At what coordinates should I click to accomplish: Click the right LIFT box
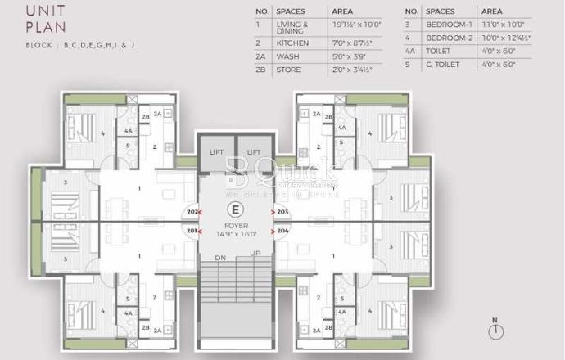tap(254, 151)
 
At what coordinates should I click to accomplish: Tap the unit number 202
tap(192, 212)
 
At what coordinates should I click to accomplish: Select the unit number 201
tap(192, 231)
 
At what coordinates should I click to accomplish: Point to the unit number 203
tap(283, 212)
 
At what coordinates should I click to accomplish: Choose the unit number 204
tap(283, 231)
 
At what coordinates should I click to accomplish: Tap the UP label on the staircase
tap(255, 254)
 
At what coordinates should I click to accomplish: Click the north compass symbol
tap(496, 331)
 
